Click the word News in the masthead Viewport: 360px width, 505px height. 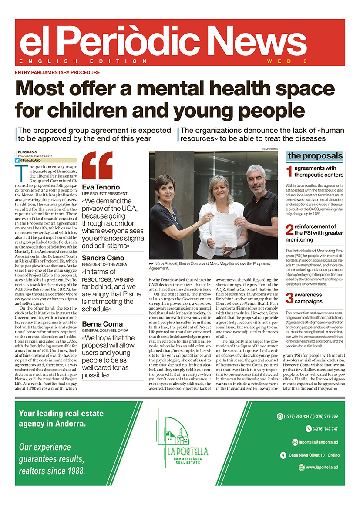(258, 41)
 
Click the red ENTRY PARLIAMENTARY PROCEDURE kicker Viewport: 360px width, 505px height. (57, 72)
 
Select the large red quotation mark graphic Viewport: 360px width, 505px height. (98, 165)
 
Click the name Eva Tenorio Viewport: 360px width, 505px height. (102, 188)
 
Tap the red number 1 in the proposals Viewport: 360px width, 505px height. (289, 171)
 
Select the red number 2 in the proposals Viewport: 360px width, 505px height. (289, 229)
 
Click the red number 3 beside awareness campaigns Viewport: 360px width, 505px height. (289, 298)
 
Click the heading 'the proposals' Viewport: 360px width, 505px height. (315, 156)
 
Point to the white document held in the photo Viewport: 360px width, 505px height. (225, 229)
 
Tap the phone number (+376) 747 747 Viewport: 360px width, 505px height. (325, 429)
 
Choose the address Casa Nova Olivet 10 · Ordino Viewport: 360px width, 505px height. (314, 455)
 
